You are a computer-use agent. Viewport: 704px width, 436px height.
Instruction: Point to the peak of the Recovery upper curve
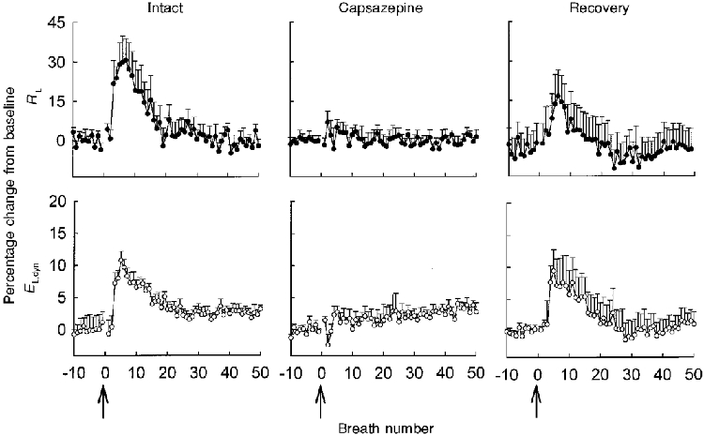tap(558, 95)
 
